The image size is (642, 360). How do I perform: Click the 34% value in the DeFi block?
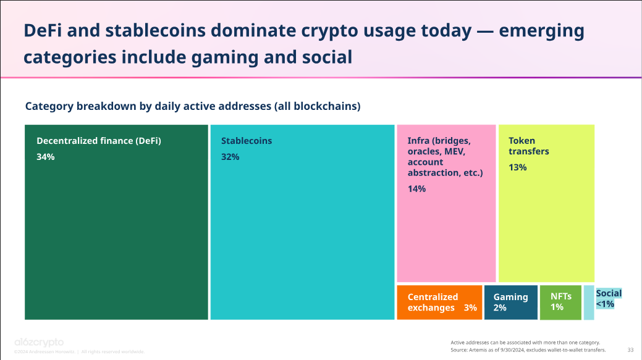[46, 157]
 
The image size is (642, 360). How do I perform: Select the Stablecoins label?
[247, 141]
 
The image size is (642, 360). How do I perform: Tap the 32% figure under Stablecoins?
[230, 157]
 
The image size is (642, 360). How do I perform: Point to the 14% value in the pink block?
[416, 189]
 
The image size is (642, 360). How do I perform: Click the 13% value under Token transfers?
[517, 167]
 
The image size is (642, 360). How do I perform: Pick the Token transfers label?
[528, 146]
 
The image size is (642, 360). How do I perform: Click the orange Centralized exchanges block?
[439, 302]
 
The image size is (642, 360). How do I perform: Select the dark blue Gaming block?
[511, 302]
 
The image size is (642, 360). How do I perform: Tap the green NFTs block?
[561, 302]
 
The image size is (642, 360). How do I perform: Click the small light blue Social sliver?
[588, 312]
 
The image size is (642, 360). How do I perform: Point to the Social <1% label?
[609, 298]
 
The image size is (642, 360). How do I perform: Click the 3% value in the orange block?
[470, 308]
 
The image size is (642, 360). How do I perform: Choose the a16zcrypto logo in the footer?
[39, 342]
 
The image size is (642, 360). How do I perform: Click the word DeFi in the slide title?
[41, 31]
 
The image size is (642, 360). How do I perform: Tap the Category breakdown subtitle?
[192, 106]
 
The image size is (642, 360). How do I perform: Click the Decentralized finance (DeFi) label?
[99, 141]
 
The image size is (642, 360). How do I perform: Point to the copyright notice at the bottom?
[79, 351]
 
